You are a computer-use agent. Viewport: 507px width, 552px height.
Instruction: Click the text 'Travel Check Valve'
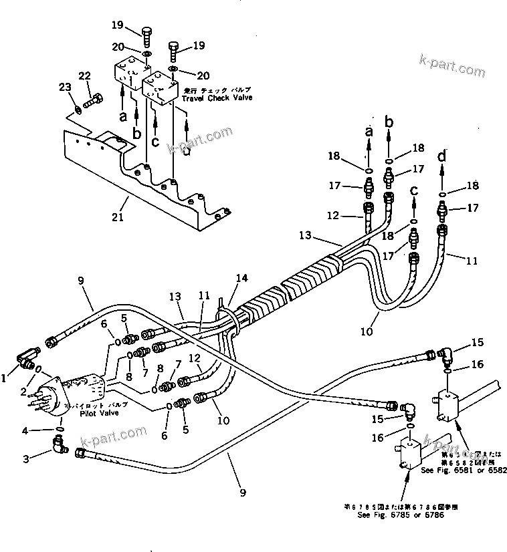point(214,98)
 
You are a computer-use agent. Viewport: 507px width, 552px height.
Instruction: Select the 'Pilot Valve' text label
point(100,413)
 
